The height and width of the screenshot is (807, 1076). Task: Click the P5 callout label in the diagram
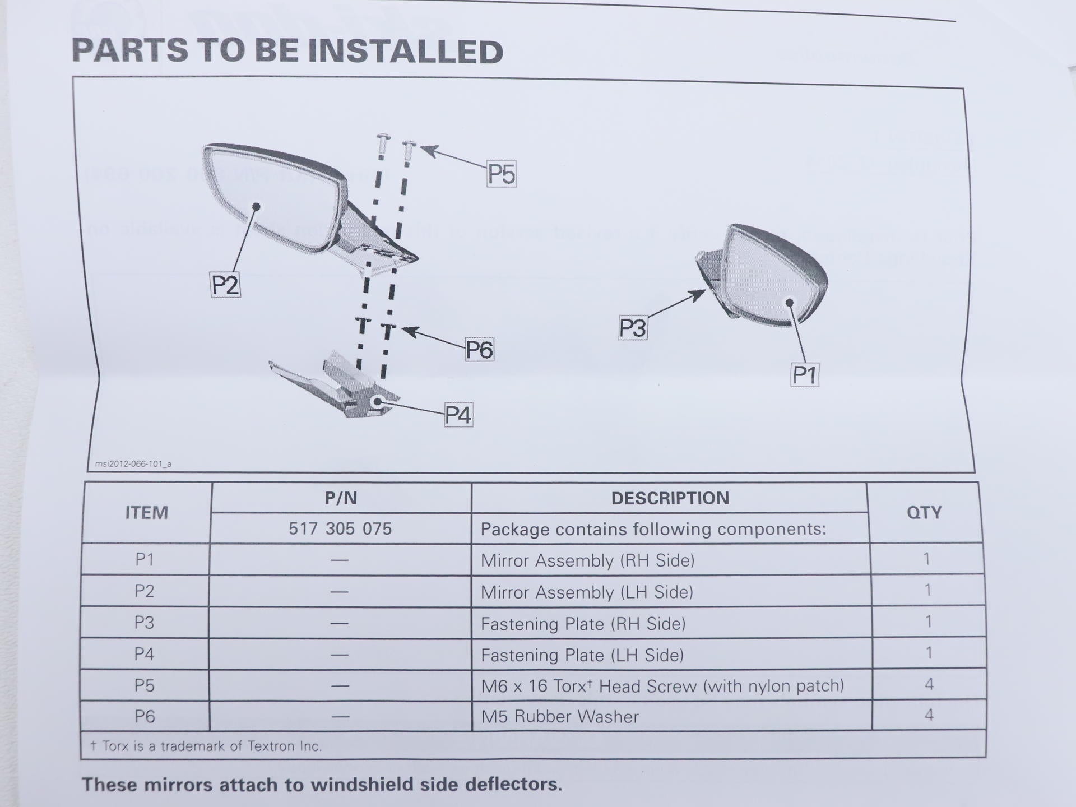tap(501, 174)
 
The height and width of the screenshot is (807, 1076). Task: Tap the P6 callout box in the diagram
tap(479, 350)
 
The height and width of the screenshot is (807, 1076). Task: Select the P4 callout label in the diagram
tap(458, 415)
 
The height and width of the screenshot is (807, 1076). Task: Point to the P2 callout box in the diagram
tap(225, 285)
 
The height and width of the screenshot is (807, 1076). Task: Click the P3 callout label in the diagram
tap(633, 328)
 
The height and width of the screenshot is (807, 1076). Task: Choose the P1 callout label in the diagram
tap(805, 374)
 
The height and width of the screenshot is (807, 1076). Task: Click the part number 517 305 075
tap(340, 528)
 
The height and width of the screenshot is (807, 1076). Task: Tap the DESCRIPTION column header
tap(670, 498)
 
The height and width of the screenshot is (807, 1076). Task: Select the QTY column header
tap(924, 512)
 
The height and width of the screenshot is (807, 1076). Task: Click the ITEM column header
tap(146, 513)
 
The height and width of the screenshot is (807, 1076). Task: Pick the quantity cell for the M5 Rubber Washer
tap(929, 715)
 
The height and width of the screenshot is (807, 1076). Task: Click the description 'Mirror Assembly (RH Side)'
tap(588, 560)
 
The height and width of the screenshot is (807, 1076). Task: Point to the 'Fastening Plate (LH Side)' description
tap(582, 655)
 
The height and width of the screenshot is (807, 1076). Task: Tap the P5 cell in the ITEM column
tap(144, 685)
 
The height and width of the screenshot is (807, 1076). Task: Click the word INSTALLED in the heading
tap(406, 51)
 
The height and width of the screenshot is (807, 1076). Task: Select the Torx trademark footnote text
tap(206, 746)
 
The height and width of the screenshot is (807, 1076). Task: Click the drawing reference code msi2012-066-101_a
tap(133, 464)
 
